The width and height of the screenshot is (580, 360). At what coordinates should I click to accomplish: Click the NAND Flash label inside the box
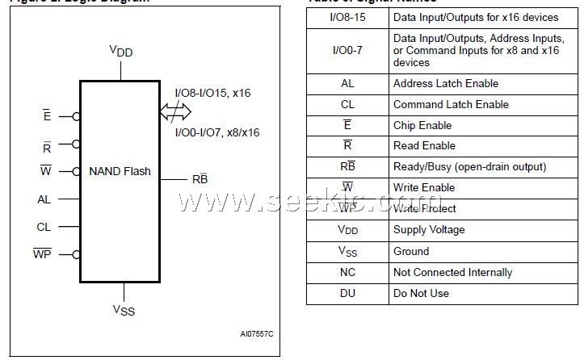tap(120, 171)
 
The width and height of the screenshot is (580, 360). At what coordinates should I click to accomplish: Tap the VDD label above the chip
tap(121, 51)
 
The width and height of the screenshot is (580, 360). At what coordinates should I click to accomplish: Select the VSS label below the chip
tap(124, 309)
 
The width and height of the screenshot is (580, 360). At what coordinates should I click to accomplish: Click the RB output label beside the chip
tap(200, 178)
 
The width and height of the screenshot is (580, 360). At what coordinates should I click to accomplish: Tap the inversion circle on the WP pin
tap(76, 255)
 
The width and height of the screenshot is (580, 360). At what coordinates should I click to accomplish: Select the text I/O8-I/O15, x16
tap(212, 93)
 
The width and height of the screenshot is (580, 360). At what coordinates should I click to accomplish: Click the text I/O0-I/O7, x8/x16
tap(216, 132)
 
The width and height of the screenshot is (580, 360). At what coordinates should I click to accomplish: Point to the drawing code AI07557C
tap(256, 333)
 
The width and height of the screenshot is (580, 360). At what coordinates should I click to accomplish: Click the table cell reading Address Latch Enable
tap(445, 83)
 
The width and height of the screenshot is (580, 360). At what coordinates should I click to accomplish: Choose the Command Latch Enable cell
tap(451, 104)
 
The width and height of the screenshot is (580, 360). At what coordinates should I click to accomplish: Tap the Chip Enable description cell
tap(422, 125)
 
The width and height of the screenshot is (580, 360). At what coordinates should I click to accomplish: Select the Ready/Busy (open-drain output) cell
tap(469, 166)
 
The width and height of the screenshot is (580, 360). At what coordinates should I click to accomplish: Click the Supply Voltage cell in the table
tap(429, 230)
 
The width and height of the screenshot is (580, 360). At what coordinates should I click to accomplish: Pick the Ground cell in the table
tap(411, 251)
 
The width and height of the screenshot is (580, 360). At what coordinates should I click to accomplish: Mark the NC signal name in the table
tap(347, 272)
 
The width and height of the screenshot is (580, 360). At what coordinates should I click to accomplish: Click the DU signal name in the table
tap(347, 293)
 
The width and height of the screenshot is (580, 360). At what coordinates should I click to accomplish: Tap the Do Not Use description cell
tap(421, 293)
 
